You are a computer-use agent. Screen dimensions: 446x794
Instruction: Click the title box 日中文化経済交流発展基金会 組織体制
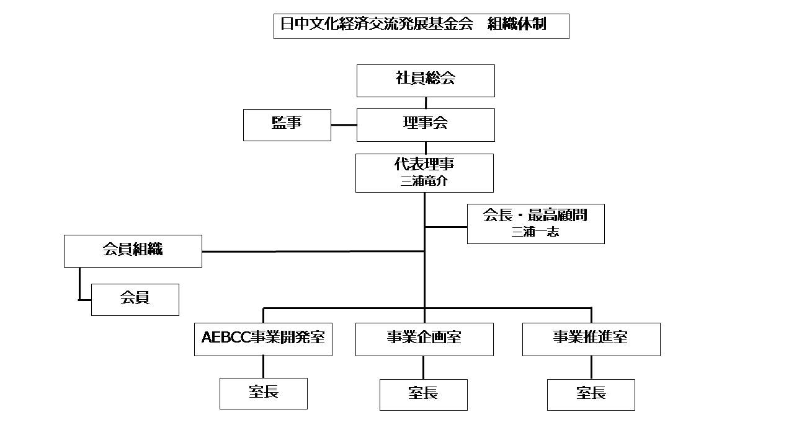(421, 26)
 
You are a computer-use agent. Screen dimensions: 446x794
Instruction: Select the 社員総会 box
(426, 81)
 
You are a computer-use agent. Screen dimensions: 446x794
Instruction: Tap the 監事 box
(287, 125)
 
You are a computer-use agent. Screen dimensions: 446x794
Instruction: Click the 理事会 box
(426, 125)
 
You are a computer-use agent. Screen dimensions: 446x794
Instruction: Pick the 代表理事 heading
(424, 165)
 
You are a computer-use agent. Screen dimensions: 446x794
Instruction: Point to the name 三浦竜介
(424, 181)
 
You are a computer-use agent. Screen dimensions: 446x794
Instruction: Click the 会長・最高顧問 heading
(535, 216)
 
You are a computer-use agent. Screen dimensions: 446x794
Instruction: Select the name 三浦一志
(535, 233)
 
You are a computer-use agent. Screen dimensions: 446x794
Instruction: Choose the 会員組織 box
(133, 251)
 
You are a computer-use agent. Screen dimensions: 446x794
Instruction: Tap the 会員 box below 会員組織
(135, 299)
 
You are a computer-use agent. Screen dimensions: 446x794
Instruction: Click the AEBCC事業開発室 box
(263, 339)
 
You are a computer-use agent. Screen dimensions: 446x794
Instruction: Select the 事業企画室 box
(424, 339)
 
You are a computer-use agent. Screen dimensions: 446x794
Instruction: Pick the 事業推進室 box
(591, 339)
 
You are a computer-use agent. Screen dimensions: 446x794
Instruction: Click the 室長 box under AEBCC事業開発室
(263, 393)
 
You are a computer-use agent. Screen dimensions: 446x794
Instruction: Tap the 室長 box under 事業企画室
(423, 394)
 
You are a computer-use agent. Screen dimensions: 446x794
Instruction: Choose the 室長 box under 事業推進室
(591, 394)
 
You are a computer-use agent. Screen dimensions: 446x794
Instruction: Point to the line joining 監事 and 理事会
(344, 125)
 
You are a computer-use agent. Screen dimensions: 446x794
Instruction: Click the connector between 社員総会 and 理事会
(426, 103)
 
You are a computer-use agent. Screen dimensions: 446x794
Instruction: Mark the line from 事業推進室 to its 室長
(591, 367)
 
